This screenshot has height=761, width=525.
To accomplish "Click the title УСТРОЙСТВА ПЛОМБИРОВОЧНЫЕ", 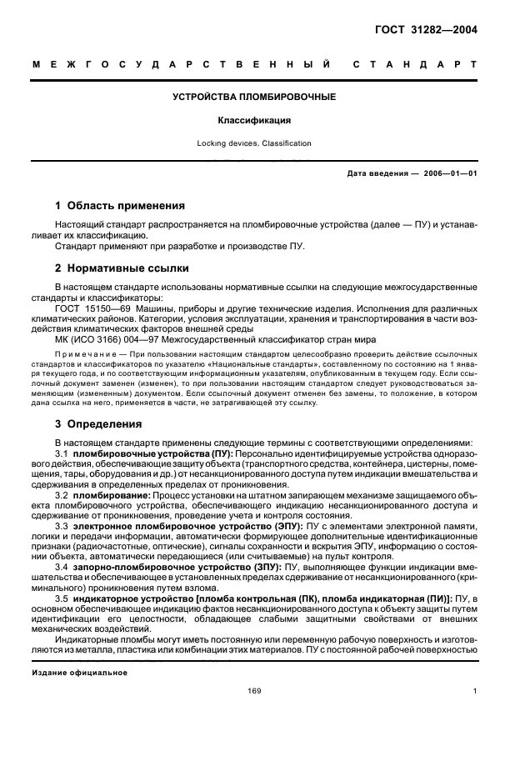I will [254, 98].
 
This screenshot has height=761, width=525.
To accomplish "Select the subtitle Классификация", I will [254, 120].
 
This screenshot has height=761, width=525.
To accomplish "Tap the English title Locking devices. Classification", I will [254, 143].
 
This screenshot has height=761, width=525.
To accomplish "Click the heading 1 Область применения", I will [119, 205].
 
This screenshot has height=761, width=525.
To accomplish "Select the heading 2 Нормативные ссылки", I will [121, 268].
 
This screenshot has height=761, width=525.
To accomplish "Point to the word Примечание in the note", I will [84, 354].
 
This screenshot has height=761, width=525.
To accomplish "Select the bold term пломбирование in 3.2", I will [127, 494].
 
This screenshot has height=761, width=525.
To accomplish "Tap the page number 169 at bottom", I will [254, 690].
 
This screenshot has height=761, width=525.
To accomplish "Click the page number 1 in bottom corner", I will [474, 690].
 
